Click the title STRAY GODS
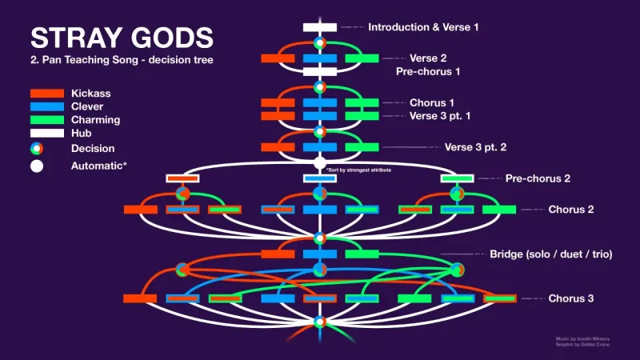click(122, 37)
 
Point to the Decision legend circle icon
click(37, 148)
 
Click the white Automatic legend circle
click(37, 166)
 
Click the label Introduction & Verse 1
click(423, 27)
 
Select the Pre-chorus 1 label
click(428, 71)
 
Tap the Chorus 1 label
click(432, 102)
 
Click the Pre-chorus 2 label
click(537, 178)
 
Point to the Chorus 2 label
click(570, 210)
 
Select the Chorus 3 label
click(570, 298)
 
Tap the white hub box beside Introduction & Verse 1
click(319, 27)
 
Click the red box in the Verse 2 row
click(278, 58)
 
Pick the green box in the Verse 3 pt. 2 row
click(362, 147)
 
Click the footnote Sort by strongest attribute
click(359, 170)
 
